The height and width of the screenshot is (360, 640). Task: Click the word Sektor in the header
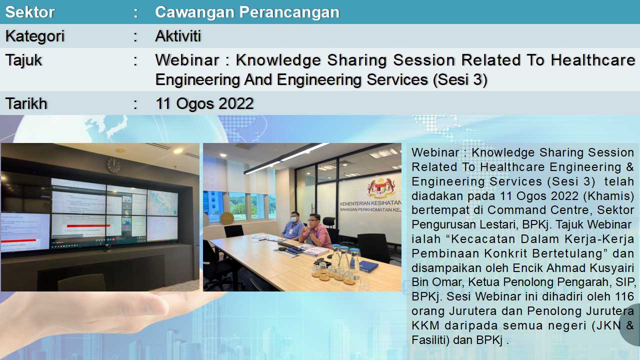click(29, 12)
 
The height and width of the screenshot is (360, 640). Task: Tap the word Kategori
click(35, 36)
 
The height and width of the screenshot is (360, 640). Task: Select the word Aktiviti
click(178, 36)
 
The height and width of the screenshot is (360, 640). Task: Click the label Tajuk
click(23, 61)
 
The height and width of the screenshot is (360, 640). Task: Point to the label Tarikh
click(26, 103)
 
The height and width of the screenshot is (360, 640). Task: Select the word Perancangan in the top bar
click(289, 12)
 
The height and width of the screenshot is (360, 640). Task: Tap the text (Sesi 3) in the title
click(459, 79)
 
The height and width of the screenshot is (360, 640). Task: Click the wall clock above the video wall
click(113, 165)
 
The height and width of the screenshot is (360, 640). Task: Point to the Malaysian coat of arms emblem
click(381, 187)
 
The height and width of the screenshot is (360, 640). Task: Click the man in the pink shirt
click(315, 231)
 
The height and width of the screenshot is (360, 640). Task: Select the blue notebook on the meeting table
click(368, 266)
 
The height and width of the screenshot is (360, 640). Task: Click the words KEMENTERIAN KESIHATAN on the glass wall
click(370, 203)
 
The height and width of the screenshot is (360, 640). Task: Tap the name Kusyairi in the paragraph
click(611, 268)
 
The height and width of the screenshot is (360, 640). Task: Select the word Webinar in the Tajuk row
click(187, 60)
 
